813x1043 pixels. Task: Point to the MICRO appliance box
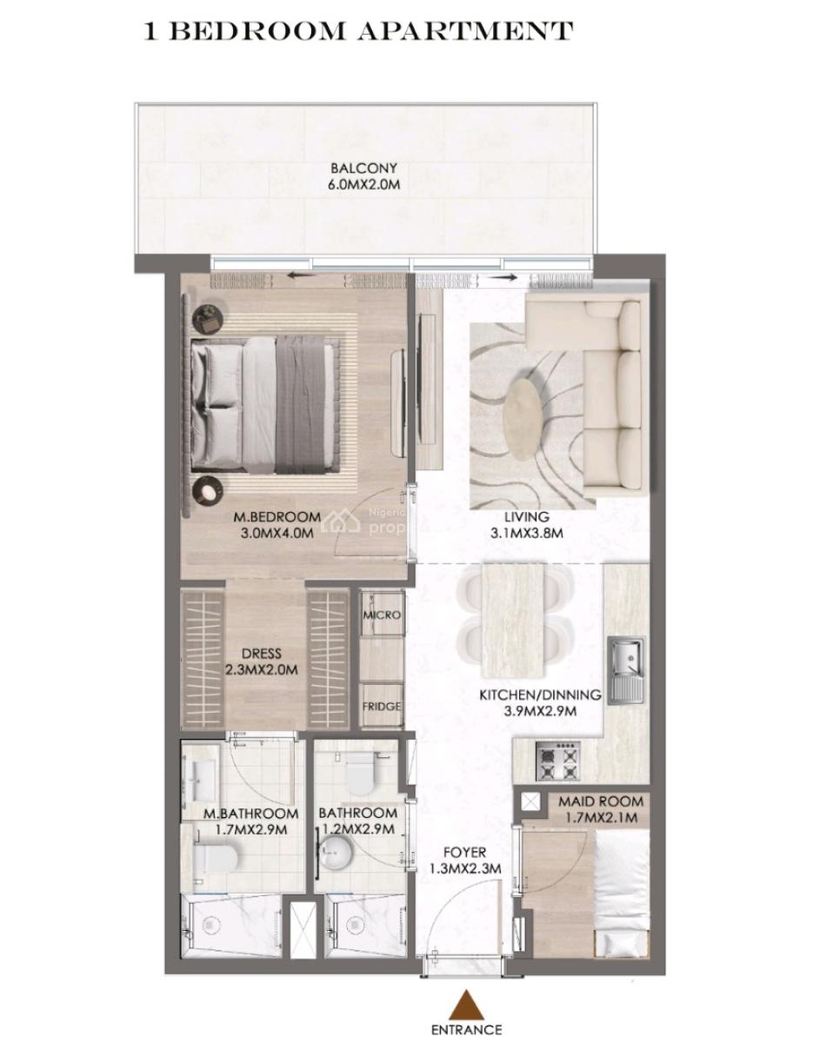[382, 615]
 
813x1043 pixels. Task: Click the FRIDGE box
[382, 707]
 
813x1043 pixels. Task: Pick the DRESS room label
[262, 654]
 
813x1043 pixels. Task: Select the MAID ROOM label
[601, 801]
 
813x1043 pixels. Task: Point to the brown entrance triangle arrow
[465, 1006]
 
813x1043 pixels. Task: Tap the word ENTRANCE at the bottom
[466, 1030]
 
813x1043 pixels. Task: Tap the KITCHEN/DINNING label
[541, 695]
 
